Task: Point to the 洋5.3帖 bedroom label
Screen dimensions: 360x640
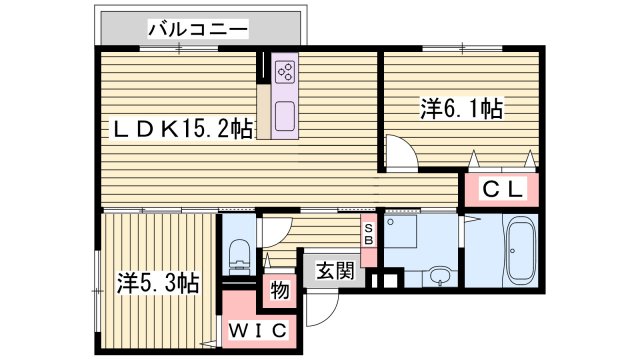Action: (x=157, y=283)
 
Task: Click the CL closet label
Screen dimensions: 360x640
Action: (x=500, y=187)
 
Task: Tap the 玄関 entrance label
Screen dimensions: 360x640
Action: (x=335, y=270)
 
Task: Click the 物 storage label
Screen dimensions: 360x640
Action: (x=279, y=292)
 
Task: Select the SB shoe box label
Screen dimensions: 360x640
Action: (x=368, y=235)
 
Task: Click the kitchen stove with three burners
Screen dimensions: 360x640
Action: (x=284, y=70)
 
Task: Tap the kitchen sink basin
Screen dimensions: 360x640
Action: (x=283, y=113)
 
